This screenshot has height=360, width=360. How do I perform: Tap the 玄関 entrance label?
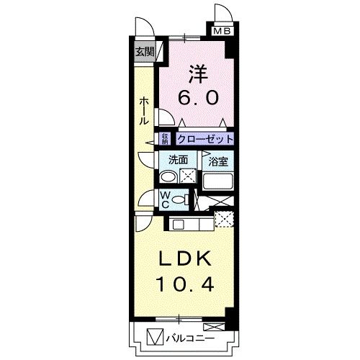click(x=144, y=51)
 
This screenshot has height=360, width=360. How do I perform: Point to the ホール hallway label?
click(x=144, y=110)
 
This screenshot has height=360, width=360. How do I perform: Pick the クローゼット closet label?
click(x=205, y=139)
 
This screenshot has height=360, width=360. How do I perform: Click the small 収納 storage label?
click(x=165, y=139)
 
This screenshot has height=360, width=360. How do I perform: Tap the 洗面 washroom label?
click(x=178, y=161)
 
